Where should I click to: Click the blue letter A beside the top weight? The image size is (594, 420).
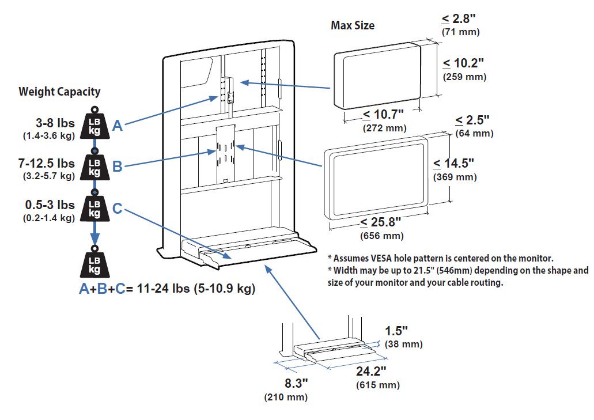[x=117, y=126]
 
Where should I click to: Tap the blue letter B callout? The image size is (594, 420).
[x=117, y=167]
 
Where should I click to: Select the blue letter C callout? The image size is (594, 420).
[x=117, y=208]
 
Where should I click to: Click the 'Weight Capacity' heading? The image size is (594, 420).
[x=59, y=92]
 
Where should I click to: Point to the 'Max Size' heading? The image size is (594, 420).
[x=353, y=25]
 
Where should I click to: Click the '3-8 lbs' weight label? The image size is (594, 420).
[x=56, y=122]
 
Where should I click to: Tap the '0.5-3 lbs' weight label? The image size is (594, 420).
[x=50, y=205]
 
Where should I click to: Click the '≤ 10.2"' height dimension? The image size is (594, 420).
[x=464, y=62]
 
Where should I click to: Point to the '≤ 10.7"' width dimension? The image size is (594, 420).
[x=383, y=115]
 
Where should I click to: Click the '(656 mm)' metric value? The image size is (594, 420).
[x=381, y=236]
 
